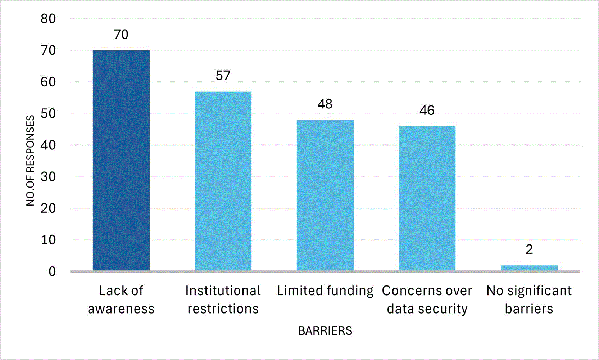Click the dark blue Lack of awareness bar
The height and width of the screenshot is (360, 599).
point(121,161)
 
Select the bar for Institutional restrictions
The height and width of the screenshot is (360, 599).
point(223,181)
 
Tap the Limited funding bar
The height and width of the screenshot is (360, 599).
point(325,195)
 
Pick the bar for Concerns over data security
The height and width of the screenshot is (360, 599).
point(427,199)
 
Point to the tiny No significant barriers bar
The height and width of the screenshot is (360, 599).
point(529,268)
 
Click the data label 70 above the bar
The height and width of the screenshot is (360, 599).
point(121,35)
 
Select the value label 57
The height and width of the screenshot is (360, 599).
point(223,76)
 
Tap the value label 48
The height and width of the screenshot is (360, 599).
point(325,104)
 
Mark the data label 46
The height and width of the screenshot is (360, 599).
point(427,110)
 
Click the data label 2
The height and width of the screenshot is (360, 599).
point(529,249)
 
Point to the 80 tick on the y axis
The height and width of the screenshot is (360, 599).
point(48,19)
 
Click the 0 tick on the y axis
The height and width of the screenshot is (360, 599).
point(52,271)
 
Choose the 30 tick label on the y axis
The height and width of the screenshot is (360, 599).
point(48,177)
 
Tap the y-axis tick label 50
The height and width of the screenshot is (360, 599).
point(48,113)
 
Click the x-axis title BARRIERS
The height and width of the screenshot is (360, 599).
point(325,331)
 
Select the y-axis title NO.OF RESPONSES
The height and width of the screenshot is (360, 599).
point(31,161)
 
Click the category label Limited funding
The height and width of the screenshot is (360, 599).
point(325,291)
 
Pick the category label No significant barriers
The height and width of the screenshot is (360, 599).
point(529,300)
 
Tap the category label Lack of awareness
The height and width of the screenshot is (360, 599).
point(121,300)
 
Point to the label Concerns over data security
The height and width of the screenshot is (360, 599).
point(427,300)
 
